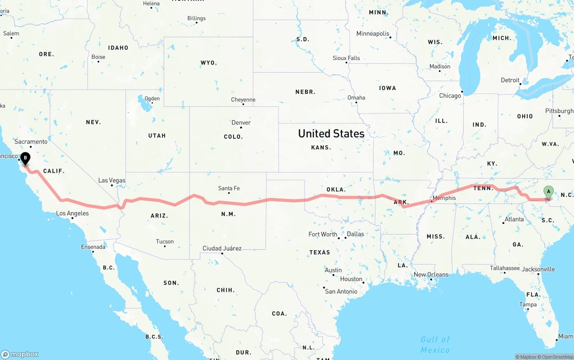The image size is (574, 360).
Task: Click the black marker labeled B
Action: click(26, 158)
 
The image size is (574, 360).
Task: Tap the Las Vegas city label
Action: click(112, 180)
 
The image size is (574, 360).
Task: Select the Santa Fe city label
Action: click(229, 188)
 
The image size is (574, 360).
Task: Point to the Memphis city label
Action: click(444, 198)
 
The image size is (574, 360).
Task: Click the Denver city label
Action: click(241, 123)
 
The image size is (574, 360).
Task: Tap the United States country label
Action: click(331, 134)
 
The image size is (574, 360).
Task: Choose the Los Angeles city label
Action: click(72, 213)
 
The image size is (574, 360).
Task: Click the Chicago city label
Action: click(450, 95)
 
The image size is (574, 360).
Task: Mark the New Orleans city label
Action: click(431, 274)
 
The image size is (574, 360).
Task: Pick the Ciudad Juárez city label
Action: click(222, 248)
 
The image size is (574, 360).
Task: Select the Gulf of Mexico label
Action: click(435, 345)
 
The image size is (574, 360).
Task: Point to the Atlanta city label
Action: click(514, 219)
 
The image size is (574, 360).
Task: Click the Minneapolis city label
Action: click(373, 34)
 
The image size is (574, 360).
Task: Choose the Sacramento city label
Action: click(30, 142)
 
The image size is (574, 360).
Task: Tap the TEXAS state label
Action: click(320, 252)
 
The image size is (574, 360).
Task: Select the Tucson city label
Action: click(165, 242)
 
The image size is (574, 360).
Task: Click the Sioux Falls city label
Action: click(346, 58)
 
